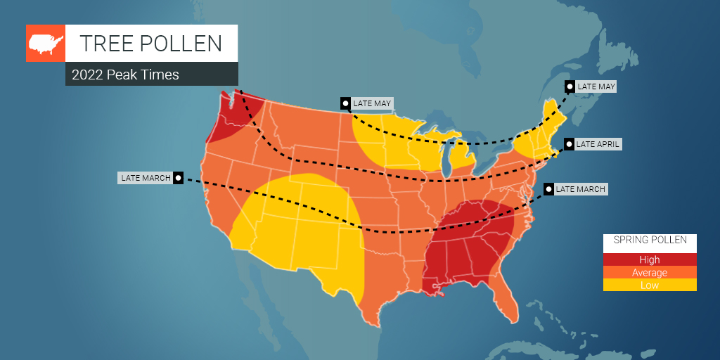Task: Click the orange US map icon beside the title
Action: tap(45, 44)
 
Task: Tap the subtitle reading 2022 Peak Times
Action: tap(125, 75)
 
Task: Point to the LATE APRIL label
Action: tap(598, 144)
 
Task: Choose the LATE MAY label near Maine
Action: tap(596, 86)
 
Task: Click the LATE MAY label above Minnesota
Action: tap(372, 103)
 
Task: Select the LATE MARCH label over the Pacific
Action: tap(146, 178)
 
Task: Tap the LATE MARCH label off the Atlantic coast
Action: tap(580, 189)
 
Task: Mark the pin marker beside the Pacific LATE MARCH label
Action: tap(179, 178)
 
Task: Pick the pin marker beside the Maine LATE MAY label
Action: tap(569, 86)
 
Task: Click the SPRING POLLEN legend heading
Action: tap(650, 240)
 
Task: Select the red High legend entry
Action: tap(650, 260)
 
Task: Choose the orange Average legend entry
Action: tap(650, 273)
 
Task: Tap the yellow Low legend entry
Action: tap(650, 285)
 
